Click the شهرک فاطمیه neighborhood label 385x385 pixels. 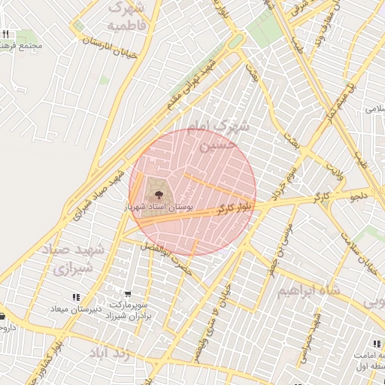pos(125,17)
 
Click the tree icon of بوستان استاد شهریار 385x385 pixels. pos(158,190)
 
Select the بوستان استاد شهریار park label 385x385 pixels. pos(158,205)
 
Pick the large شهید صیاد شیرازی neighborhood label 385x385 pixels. pos(83,258)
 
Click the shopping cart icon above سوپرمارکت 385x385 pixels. pos(128,295)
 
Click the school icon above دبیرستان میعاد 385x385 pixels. pos(75,298)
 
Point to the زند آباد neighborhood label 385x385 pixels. pos(111,353)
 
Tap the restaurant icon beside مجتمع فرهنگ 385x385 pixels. pos(6,34)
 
